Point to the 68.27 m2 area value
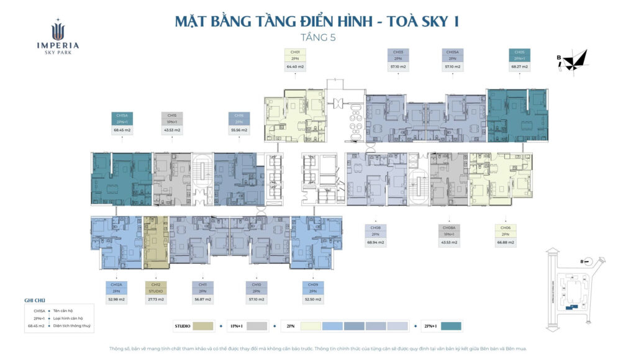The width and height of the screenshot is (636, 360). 519,66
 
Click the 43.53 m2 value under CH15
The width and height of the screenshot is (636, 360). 172,130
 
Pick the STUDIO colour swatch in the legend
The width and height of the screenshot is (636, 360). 203,326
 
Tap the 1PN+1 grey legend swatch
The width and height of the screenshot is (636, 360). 257,326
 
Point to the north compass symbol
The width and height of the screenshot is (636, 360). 575,60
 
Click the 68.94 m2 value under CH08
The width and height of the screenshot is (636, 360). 375,242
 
